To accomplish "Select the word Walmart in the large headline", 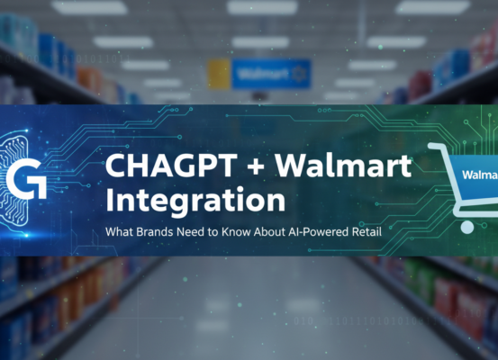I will click(x=346, y=166).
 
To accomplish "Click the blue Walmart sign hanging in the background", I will click(x=270, y=73).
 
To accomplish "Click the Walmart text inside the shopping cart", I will click(x=477, y=174).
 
